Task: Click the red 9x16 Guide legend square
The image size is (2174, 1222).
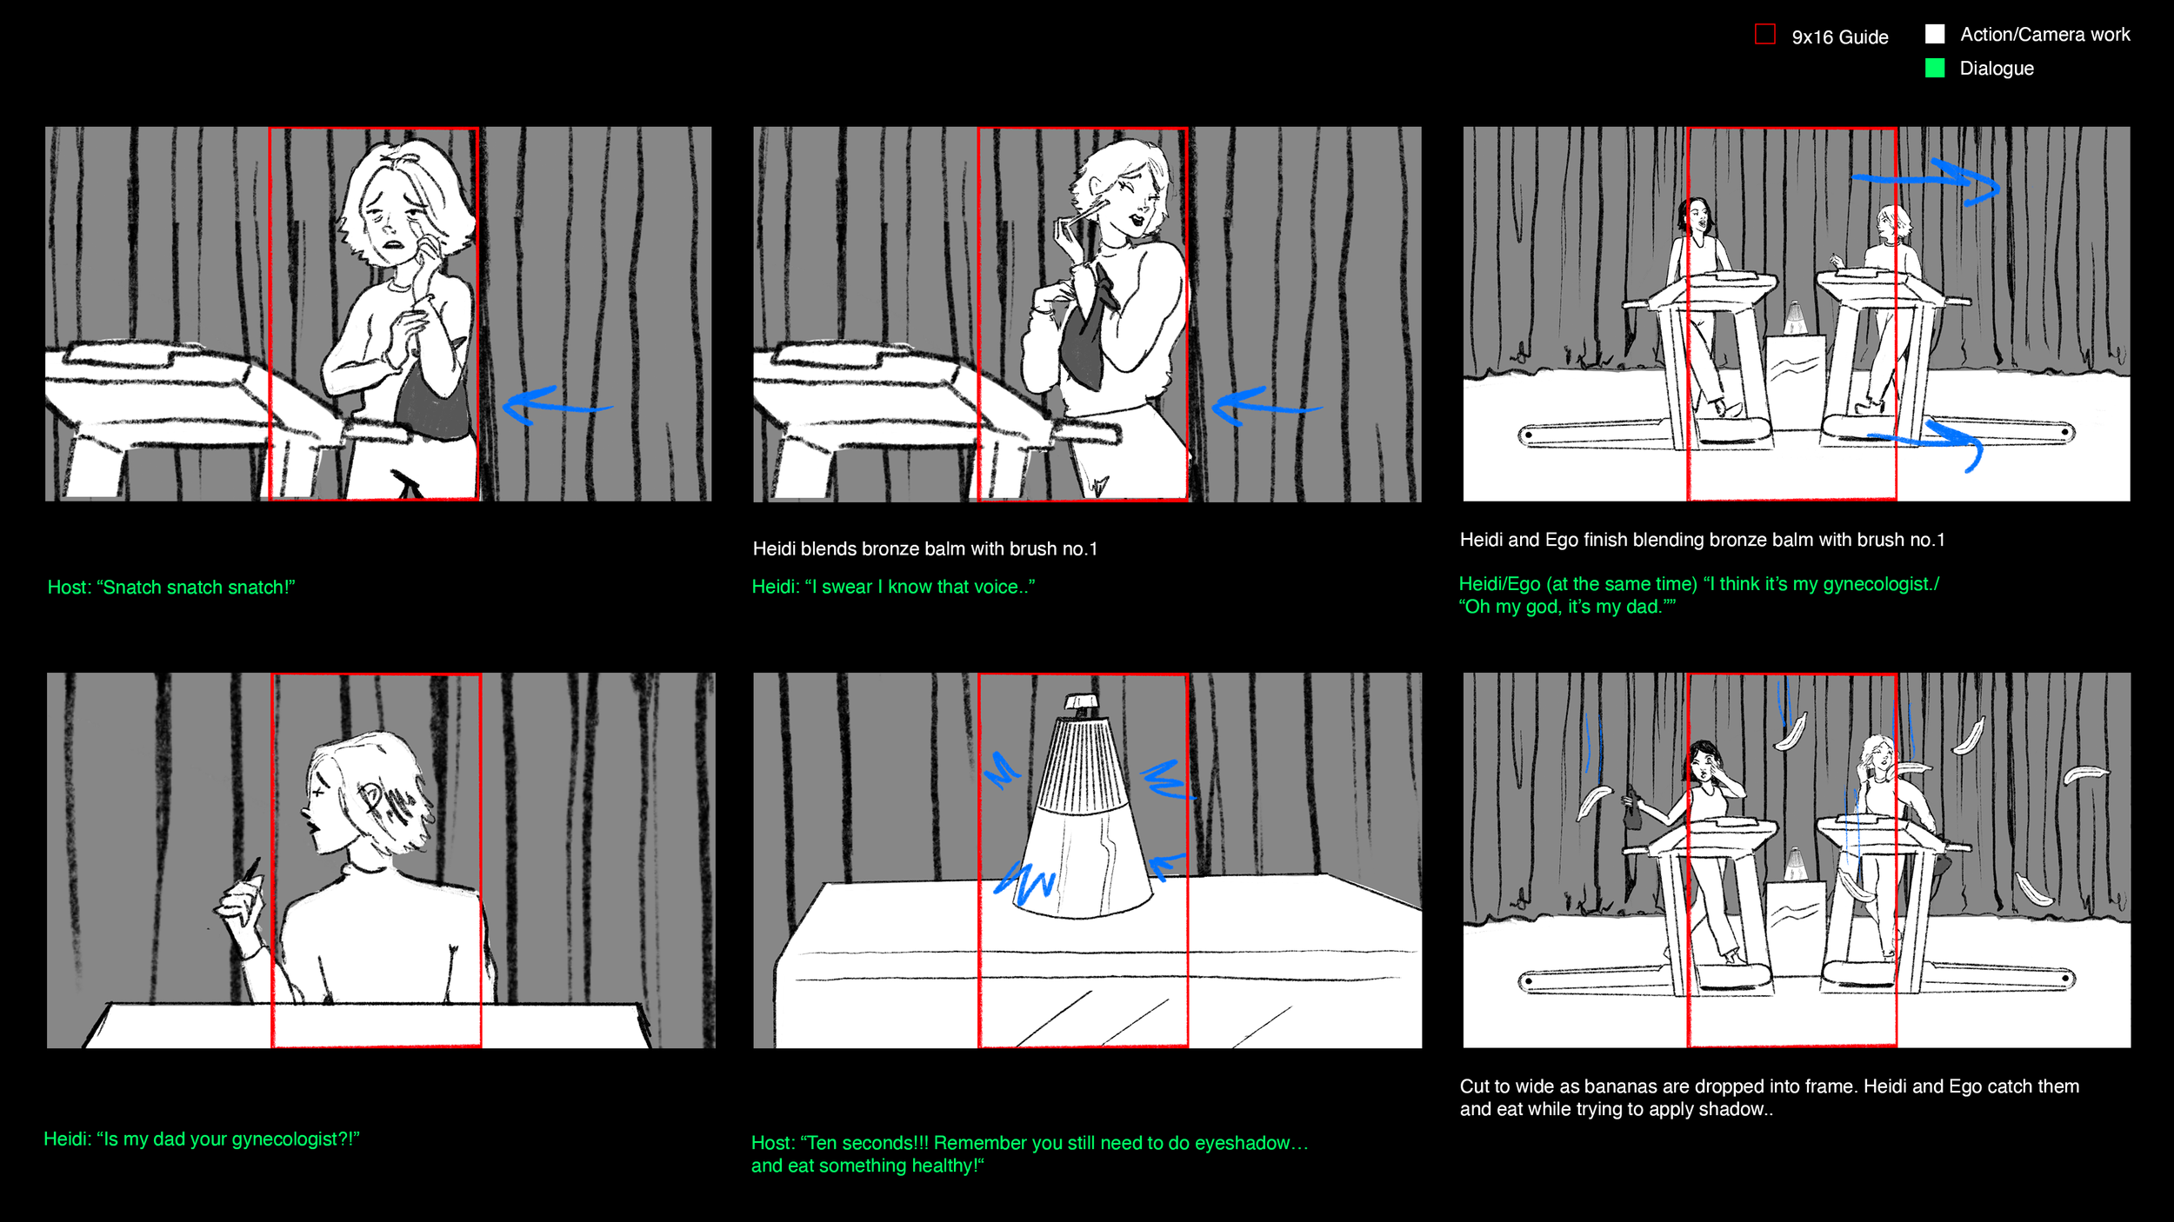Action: click(x=1764, y=35)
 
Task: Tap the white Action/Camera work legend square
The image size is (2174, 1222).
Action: click(x=1935, y=34)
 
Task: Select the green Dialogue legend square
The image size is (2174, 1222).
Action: click(x=1935, y=68)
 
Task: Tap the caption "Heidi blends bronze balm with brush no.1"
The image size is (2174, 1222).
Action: click(x=924, y=549)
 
